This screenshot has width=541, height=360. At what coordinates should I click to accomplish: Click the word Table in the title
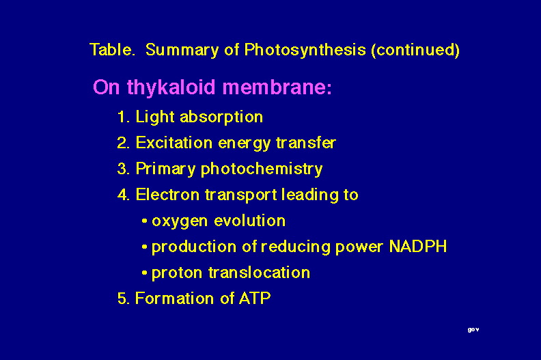[111, 49]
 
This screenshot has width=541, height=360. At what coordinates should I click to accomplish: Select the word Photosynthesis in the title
[305, 51]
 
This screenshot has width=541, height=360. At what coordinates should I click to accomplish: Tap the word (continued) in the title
[415, 51]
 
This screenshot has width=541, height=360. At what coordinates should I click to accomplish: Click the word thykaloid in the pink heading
[171, 87]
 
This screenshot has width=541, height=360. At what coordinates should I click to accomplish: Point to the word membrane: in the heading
[277, 87]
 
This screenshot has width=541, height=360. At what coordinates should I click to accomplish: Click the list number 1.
[123, 117]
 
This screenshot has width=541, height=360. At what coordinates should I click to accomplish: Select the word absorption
[221, 117]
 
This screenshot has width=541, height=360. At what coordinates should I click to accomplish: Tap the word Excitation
[174, 143]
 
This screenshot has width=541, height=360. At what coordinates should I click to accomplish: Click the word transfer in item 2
[306, 143]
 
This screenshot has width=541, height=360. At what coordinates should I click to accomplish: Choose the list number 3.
[123, 169]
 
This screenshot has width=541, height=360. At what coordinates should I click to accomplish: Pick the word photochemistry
[262, 169]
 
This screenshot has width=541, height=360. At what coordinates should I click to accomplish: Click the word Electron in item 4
[167, 195]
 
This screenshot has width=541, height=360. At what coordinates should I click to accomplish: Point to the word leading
[310, 195]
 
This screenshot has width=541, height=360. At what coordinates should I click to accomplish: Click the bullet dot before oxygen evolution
[145, 221]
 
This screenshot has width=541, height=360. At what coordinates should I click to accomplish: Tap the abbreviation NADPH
[418, 247]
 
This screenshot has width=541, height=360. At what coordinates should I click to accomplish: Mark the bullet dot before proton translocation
[145, 273]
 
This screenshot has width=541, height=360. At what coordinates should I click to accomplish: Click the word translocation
[259, 273]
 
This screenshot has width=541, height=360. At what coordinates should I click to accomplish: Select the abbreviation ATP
[255, 299]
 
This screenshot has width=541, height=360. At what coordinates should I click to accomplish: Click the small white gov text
[473, 330]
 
